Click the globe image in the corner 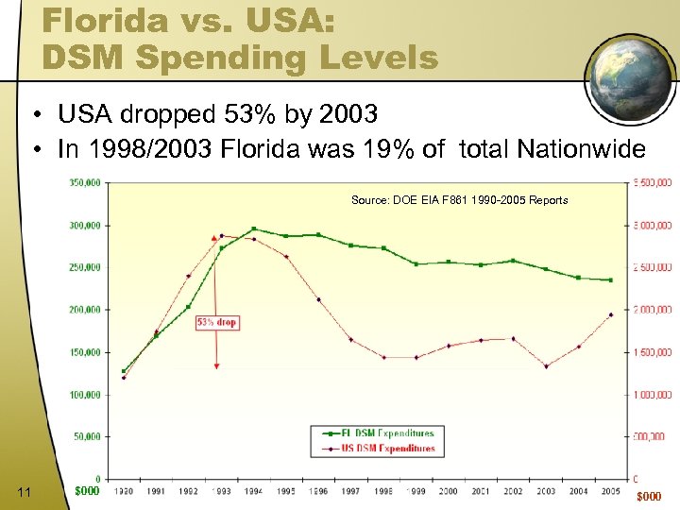[x=630, y=76]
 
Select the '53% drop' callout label [x=217, y=322]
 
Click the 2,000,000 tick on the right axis [x=652, y=310]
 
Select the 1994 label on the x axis [x=254, y=491]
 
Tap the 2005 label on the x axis [x=611, y=491]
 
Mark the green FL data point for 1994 [x=254, y=229]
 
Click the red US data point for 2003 [x=546, y=366]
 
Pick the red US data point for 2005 [x=611, y=314]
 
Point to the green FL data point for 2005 [x=611, y=280]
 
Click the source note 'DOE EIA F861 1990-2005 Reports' [x=459, y=200]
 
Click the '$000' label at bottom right [x=650, y=497]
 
